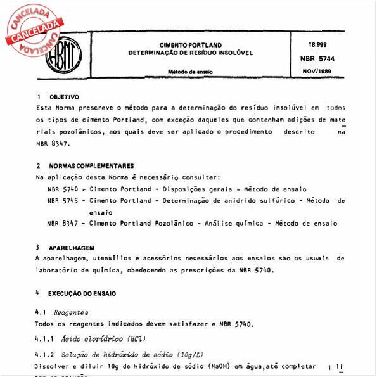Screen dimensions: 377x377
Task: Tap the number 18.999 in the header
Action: point(317,45)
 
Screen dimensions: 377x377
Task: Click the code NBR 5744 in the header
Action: point(322,57)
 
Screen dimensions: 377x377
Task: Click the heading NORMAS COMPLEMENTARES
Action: point(91,165)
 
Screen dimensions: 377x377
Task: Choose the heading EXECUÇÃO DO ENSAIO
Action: point(82,294)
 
